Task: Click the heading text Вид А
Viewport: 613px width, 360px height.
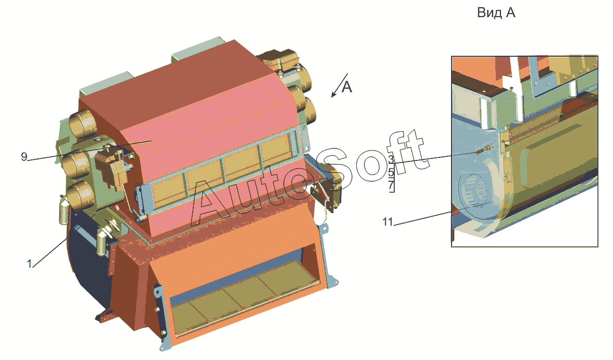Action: click(496, 13)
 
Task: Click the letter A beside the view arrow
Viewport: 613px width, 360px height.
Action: click(347, 87)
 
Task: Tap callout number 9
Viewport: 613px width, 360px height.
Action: click(24, 157)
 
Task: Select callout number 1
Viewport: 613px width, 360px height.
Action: click(29, 264)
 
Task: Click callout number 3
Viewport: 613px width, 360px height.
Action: click(391, 159)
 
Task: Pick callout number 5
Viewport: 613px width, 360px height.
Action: click(391, 172)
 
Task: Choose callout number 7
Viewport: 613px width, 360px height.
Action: click(391, 185)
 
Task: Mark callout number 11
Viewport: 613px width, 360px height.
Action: click(387, 221)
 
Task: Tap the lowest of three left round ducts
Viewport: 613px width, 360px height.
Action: click(80, 195)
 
